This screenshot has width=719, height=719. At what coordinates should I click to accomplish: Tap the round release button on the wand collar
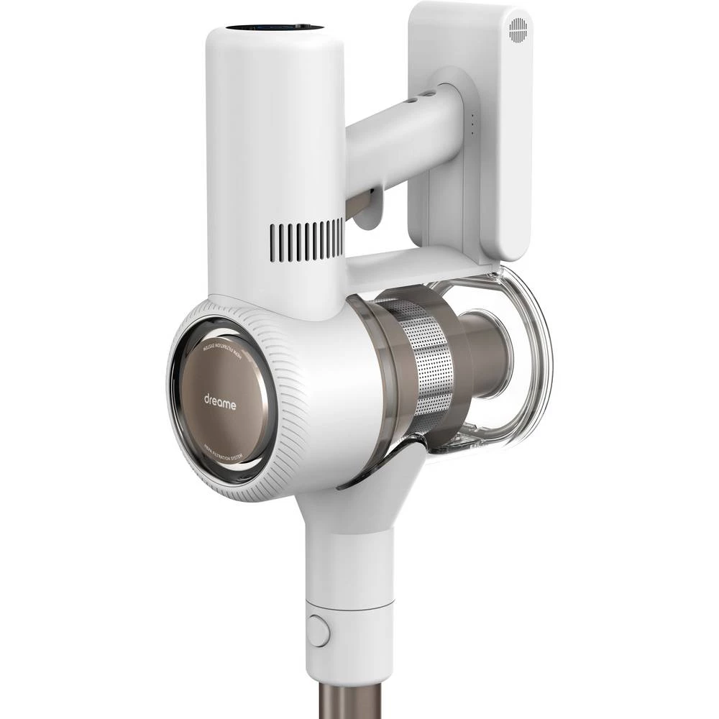[x=318, y=631]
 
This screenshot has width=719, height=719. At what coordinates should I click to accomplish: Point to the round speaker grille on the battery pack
[x=518, y=29]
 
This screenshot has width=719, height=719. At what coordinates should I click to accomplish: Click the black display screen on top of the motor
[x=275, y=28]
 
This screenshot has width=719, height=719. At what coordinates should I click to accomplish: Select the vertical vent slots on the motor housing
[x=307, y=241]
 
